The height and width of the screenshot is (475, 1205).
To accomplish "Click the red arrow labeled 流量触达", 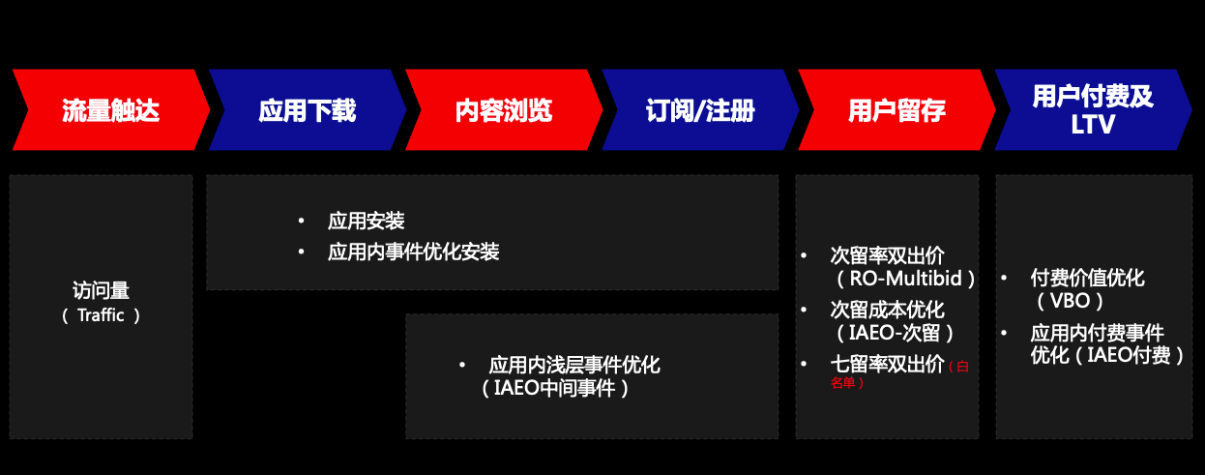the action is [111, 109].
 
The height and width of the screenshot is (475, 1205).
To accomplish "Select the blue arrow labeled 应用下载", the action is [308, 109].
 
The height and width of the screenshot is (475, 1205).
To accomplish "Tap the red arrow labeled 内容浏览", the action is [504, 109].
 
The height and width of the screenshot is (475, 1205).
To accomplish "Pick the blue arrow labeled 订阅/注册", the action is [700, 109].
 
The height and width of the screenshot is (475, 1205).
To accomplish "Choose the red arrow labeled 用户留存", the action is [896, 109].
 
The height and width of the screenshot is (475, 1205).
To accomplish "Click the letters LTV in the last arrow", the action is [1093, 125].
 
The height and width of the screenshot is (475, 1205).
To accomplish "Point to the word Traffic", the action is [101, 315].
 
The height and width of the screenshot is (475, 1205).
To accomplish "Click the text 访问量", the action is [102, 290].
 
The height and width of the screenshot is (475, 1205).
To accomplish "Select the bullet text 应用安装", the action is [366, 221].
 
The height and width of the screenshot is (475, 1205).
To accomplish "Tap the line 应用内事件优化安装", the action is [413, 252].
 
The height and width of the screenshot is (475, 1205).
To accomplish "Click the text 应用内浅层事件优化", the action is [574, 366].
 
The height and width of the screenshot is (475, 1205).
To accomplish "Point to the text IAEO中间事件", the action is [554, 388].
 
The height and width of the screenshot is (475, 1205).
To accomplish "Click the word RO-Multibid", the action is [905, 279].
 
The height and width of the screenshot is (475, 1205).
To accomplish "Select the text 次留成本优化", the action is [887, 310].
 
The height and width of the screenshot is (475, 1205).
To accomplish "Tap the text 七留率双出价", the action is [887, 364].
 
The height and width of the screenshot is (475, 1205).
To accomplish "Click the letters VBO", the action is [1070, 301].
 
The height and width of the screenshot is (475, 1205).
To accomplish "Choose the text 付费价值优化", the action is [1087, 278].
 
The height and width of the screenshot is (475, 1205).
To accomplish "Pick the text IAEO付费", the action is [1129, 355].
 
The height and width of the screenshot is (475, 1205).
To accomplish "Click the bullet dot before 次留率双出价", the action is [804, 255].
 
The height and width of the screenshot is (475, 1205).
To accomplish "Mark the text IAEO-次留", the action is [894, 333].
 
